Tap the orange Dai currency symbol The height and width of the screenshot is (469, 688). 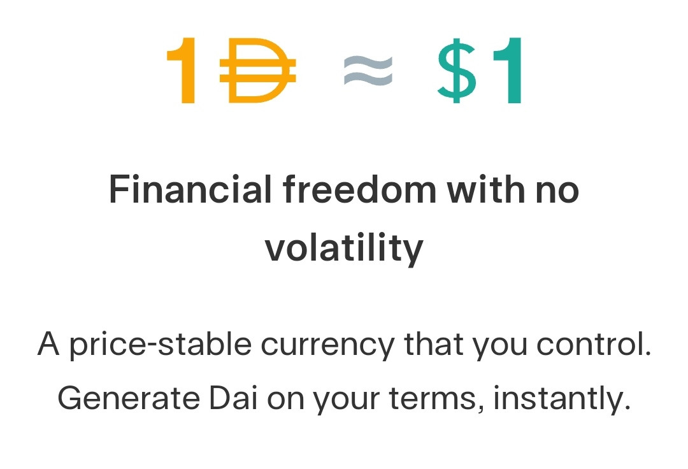coord(258,71)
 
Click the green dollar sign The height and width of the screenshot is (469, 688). coord(457,71)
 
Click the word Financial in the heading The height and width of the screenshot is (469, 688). coord(190,189)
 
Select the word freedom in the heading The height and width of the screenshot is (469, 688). coord(359,189)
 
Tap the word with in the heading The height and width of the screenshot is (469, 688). coord(485,189)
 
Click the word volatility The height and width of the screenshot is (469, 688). coord(344,249)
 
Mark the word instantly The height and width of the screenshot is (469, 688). coord(563,400)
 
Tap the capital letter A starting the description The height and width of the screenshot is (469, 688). coord(48,343)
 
